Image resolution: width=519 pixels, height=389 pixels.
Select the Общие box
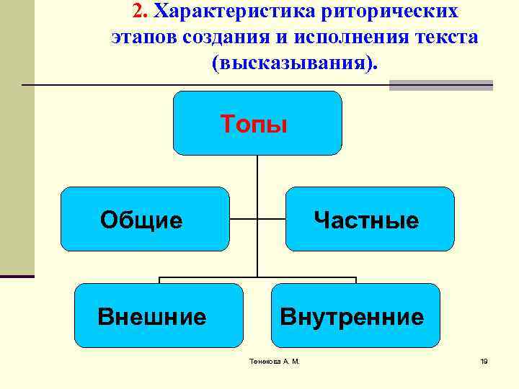point(144,219)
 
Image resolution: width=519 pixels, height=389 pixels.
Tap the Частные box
point(370,219)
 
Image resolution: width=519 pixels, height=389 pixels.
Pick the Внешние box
point(159,316)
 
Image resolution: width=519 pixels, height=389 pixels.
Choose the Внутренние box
point(355,316)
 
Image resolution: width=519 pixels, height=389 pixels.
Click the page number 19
point(484,361)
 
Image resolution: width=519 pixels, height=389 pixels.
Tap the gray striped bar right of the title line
point(440,85)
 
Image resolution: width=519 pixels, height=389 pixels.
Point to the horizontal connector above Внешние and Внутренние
point(216,277)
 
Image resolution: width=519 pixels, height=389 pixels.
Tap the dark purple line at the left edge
point(17,276)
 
